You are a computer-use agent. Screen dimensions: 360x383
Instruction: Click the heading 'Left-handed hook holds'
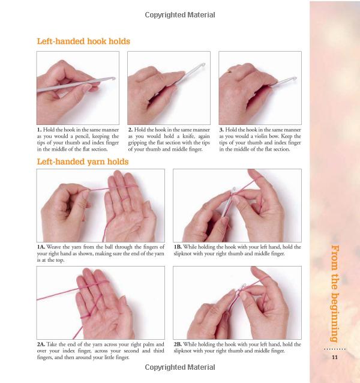point(83,41)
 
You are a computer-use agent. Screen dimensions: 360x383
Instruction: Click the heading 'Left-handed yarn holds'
point(83,161)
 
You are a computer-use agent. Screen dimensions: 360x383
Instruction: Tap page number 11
point(335,357)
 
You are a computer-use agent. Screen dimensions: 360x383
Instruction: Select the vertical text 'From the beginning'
point(335,294)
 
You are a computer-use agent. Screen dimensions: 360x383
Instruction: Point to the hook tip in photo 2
point(203,65)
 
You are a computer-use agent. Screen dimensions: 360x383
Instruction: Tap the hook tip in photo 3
point(295,79)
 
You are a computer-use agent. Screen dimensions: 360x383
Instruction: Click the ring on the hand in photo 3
point(229,71)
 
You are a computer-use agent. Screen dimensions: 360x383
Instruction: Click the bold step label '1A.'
point(41,247)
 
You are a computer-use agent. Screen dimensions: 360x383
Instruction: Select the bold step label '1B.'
point(178,247)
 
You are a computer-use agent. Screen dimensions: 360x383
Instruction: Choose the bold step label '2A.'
point(41,345)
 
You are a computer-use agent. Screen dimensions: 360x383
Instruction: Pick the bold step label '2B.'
point(178,345)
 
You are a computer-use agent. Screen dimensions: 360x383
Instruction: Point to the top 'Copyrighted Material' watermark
point(180,15)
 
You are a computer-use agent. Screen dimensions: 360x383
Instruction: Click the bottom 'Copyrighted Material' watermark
point(180,367)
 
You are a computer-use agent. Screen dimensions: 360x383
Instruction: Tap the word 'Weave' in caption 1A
point(53,247)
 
